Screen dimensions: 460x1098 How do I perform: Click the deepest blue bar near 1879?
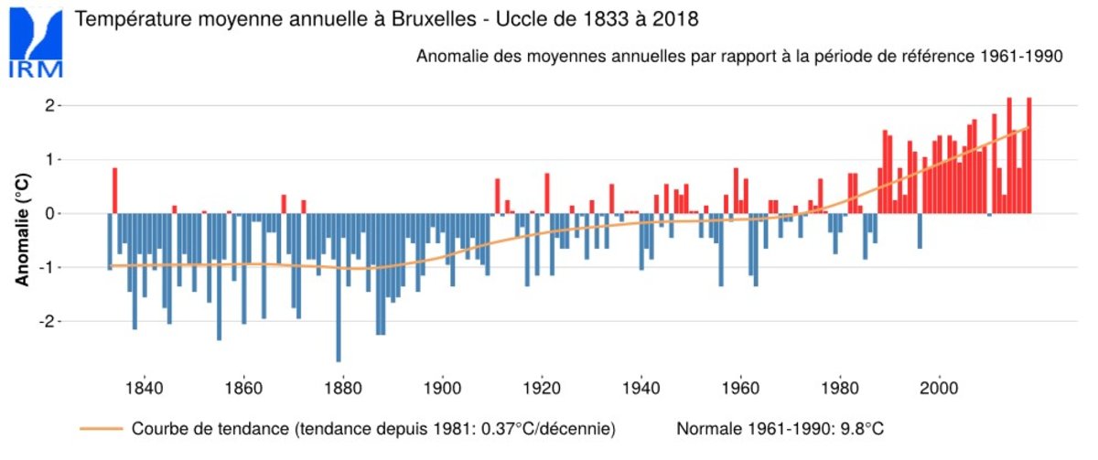[339, 287]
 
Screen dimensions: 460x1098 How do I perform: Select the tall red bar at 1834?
[115, 190]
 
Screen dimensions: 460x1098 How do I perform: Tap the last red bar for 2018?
[1028, 155]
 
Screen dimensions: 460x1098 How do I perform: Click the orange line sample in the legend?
[101, 428]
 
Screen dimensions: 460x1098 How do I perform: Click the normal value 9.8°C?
[865, 428]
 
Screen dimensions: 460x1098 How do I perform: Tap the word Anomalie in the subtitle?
[449, 57]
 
